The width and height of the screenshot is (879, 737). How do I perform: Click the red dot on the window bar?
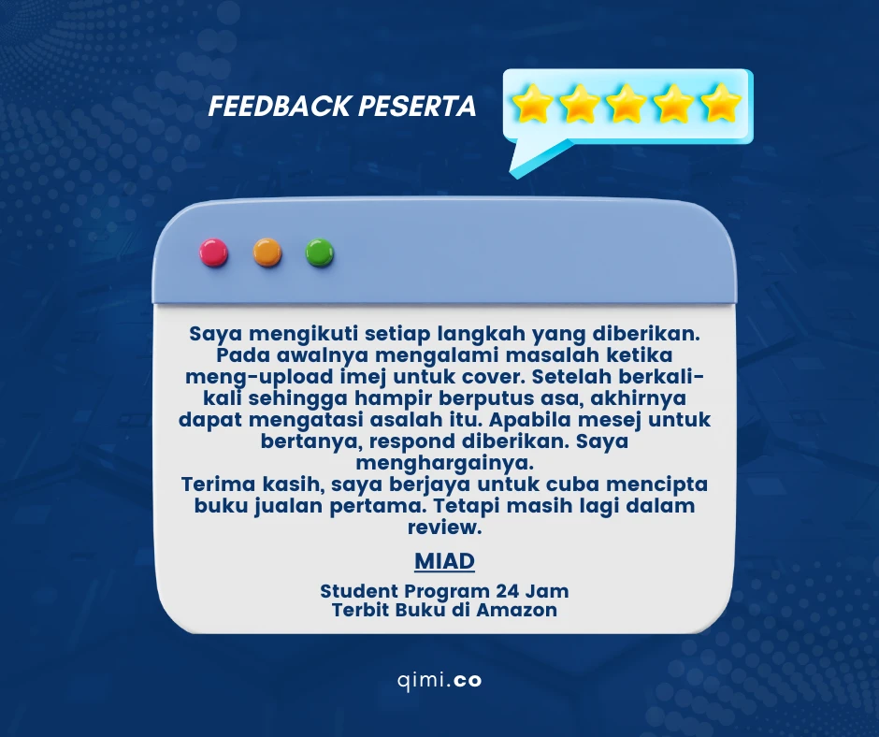coord(214,253)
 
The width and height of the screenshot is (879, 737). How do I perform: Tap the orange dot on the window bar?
coord(267,253)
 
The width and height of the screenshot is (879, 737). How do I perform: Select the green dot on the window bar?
coord(320,253)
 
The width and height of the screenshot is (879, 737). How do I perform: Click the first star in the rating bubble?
coord(533,103)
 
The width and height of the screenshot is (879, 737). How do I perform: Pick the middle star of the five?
coord(627,103)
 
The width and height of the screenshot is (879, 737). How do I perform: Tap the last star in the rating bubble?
coord(721,103)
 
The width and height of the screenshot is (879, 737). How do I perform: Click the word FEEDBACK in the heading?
coord(280,106)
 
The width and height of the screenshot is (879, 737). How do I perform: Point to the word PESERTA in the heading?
coord(417,106)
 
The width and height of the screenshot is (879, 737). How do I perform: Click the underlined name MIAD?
coord(444,561)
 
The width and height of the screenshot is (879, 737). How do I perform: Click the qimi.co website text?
coord(439,680)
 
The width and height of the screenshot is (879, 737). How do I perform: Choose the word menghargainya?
coord(444,463)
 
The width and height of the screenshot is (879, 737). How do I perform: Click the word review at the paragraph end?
coord(444,527)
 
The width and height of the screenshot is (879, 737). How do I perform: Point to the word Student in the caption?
coord(359,591)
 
